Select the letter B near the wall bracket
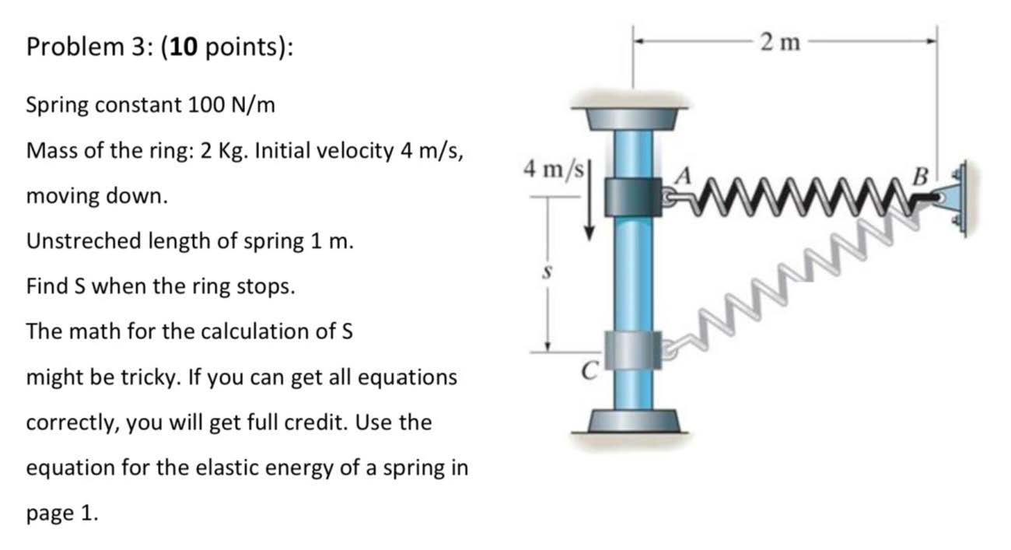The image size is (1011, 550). coord(919,177)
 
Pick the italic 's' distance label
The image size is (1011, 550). coord(547,273)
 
